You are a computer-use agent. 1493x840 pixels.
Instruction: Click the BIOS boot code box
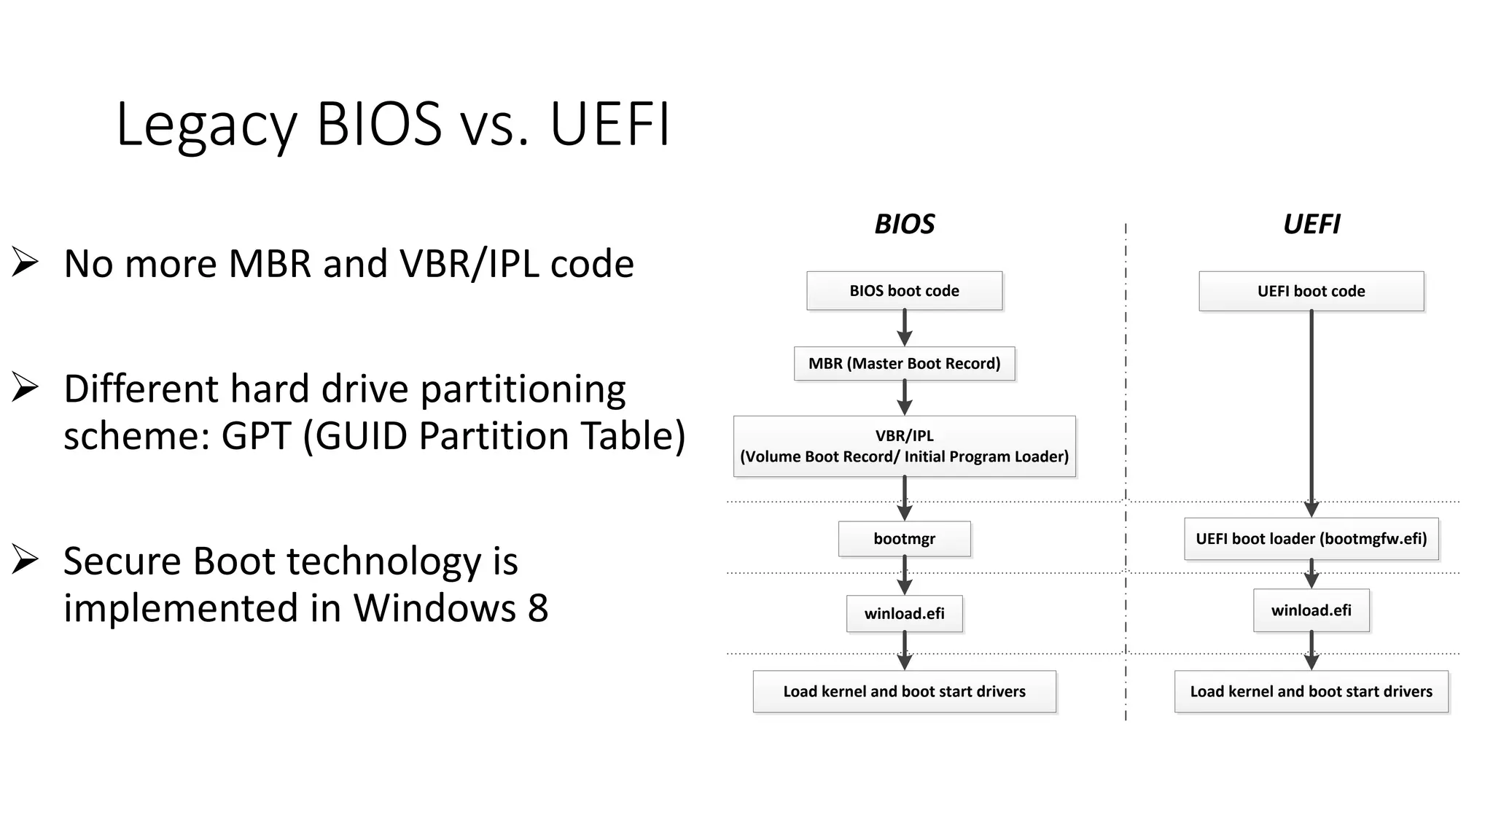904,291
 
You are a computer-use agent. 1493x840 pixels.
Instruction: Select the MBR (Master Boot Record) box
904,363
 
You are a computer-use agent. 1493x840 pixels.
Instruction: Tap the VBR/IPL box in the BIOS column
904,446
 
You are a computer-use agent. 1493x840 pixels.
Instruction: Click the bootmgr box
904,539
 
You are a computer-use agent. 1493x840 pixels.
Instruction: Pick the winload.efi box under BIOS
904,613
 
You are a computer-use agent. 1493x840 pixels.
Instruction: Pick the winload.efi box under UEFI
1311,610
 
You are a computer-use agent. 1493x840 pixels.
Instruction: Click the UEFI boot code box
1311,291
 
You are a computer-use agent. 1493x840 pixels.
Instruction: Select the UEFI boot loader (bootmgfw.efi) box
1311,539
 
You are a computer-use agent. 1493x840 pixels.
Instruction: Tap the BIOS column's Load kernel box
904,691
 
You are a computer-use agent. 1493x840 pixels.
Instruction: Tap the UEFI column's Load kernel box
1311,691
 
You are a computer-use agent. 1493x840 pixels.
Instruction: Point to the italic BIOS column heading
904,224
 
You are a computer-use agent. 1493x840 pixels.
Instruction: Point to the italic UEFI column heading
1311,224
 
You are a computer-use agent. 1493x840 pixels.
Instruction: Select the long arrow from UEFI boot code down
1311,408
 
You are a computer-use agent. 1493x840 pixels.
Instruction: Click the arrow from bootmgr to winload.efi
905,576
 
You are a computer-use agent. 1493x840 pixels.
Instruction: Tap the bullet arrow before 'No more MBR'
25,262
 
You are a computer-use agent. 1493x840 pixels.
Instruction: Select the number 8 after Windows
538,608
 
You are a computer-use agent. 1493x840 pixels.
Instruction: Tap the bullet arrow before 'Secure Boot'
25,559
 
